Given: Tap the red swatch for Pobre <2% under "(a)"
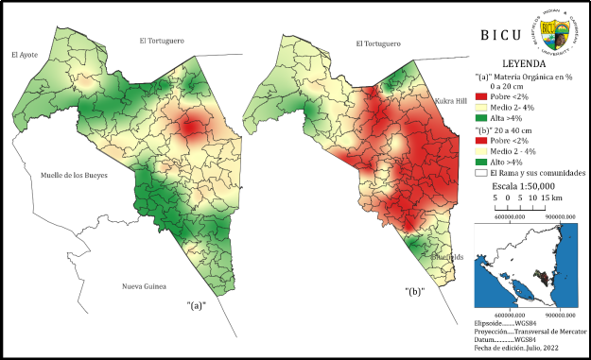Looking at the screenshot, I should [480, 96].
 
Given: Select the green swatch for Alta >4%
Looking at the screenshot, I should [480, 118].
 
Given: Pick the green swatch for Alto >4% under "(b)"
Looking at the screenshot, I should [480, 162].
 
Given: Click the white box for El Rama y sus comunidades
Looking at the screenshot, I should [480, 173].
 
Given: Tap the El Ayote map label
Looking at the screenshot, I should [25, 56].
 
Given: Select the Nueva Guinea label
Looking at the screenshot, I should [144, 285].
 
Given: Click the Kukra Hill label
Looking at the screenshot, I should [451, 99].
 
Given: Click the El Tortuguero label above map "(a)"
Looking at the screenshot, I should [162, 41].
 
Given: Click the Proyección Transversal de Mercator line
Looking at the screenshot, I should [525, 332].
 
